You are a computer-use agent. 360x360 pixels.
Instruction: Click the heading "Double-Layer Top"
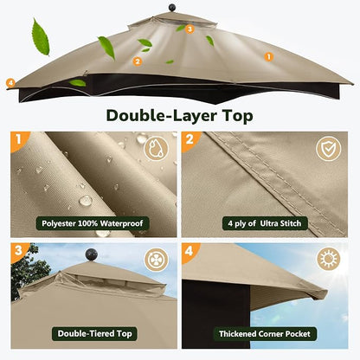[179, 116]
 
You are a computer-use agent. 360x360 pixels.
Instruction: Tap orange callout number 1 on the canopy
[268, 57]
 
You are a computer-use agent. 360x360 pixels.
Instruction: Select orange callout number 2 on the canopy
[138, 61]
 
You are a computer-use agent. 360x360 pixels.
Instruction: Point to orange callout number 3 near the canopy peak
[190, 29]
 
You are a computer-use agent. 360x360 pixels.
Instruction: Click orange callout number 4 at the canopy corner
[10, 83]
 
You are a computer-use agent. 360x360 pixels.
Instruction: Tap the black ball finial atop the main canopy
[172, 8]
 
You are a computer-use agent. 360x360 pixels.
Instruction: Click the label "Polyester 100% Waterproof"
[93, 223]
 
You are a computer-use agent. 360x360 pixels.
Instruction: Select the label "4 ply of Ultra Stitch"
[265, 223]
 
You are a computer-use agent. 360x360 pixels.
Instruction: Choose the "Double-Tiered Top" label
[94, 334]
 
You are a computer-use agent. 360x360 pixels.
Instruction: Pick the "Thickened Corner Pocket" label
[265, 334]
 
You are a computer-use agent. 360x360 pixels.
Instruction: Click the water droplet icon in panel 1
[156, 149]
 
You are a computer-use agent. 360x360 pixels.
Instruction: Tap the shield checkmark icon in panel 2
[328, 149]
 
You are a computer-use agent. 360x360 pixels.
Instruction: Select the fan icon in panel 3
[156, 260]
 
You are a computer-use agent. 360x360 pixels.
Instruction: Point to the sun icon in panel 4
[328, 259]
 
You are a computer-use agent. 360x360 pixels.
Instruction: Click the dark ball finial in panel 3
[92, 255]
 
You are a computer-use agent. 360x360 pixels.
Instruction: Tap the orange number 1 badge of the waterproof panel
[19, 139]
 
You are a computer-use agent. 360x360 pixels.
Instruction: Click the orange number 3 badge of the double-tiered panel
[19, 250]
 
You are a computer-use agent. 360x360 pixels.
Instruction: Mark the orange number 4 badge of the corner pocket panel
[190, 251]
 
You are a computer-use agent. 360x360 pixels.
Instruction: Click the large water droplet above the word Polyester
[86, 201]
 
